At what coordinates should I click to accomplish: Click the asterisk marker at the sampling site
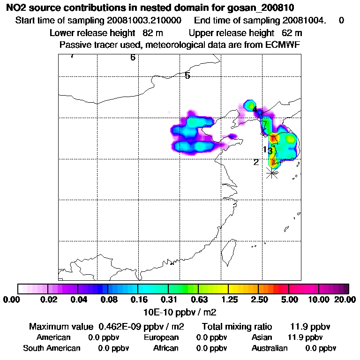271,173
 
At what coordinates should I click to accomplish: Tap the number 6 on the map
133,58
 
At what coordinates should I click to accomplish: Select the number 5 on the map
187,75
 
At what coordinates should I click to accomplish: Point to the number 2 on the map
256,162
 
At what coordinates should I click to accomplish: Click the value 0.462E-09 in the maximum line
120,326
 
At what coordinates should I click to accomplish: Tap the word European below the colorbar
161,337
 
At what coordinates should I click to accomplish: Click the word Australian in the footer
270,348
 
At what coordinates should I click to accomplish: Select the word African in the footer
166,348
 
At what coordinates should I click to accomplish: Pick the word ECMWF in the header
283,45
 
